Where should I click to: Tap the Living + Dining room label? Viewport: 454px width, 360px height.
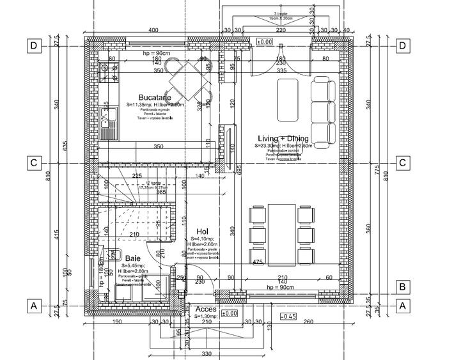(283, 139)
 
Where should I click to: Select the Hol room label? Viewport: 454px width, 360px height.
(202, 232)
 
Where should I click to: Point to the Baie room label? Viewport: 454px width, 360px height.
(134, 258)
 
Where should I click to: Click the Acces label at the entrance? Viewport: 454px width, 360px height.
(206, 308)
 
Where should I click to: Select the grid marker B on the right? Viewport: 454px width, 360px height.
(403, 286)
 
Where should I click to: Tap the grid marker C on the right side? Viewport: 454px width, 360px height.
(403, 163)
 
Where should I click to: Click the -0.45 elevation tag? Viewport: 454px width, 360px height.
(288, 316)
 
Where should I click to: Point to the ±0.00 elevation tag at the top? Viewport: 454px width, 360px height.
(264, 42)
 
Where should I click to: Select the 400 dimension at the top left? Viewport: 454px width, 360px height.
(153, 30)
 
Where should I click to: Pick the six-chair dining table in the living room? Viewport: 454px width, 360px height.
(281, 235)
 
